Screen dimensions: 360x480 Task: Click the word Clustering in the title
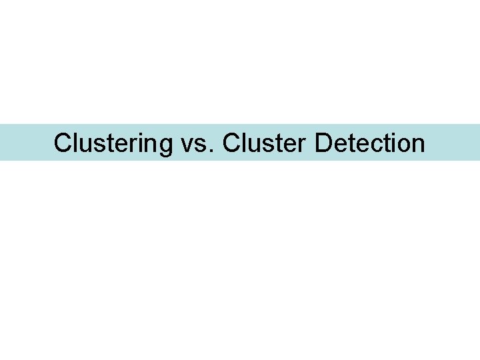(113, 143)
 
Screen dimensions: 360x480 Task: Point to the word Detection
(370, 143)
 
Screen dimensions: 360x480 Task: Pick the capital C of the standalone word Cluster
(232, 143)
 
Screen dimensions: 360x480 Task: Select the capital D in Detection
(324, 143)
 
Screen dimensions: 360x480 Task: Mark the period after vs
(213, 151)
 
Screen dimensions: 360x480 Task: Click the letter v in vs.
(187, 145)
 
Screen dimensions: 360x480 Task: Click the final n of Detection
(418, 145)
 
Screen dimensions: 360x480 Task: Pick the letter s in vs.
(201, 145)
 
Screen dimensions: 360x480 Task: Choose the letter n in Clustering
(149, 145)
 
